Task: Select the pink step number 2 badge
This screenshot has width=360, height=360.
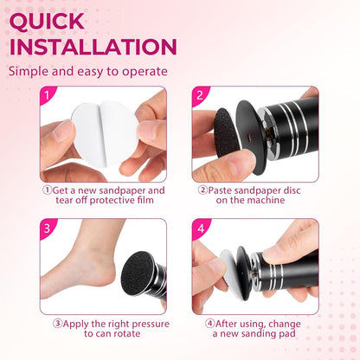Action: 199,96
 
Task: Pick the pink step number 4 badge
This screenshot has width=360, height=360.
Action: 199,231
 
